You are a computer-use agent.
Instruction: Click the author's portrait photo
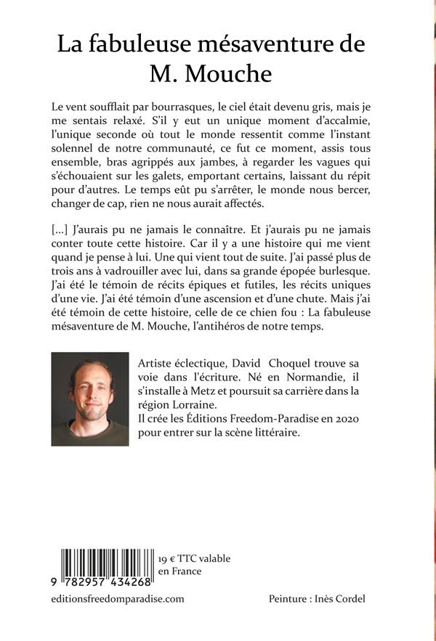(88, 399)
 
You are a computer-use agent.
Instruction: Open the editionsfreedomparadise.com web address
(118, 599)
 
